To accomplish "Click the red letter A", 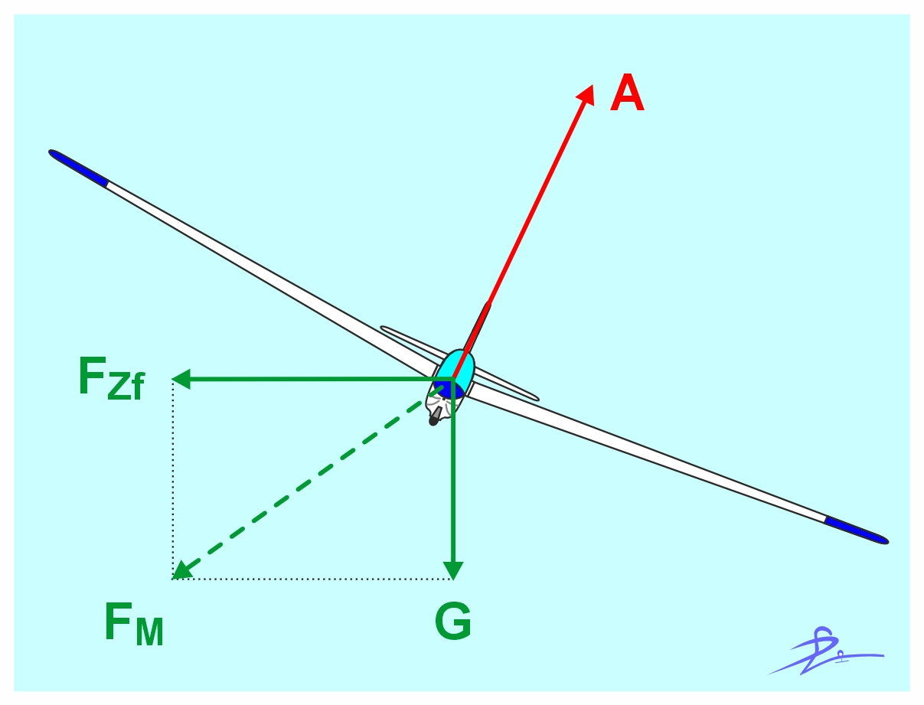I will [626, 96].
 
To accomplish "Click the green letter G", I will [452, 623].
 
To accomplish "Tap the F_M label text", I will [134, 625].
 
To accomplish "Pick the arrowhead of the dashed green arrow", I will [181, 570].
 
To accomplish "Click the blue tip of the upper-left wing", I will [80, 168].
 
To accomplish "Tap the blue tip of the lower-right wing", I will [856, 530].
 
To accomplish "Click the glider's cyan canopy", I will [458, 364].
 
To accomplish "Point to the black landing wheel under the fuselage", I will [436, 416].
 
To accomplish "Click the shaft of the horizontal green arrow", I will [306, 379].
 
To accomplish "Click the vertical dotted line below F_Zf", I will [174, 475].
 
